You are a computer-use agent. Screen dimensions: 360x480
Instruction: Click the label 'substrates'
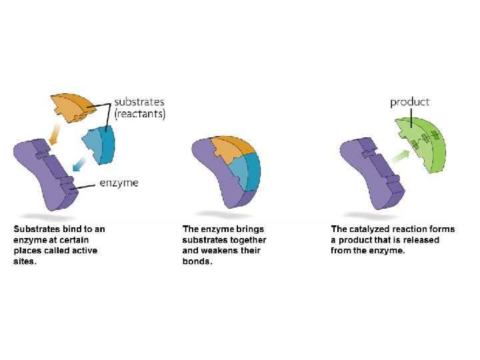pyautogui.click(x=139, y=102)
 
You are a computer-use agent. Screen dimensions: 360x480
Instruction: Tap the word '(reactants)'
pyautogui.click(x=140, y=114)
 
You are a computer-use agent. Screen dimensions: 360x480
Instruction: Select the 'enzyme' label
pyautogui.click(x=119, y=183)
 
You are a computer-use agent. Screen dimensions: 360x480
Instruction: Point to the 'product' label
pyautogui.click(x=409, y=102)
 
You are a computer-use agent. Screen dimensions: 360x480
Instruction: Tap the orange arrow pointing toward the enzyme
pyautogui.click(x=55, y=135)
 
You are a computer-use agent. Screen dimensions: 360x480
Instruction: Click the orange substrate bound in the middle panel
pyautogui.click(x=227, y=151)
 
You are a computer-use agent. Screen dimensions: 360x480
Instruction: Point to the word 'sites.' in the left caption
pyautogui.click(x=26, y=261)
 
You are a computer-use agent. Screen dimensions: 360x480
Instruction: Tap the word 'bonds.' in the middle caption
pyautogui.click(x=197, y=261)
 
